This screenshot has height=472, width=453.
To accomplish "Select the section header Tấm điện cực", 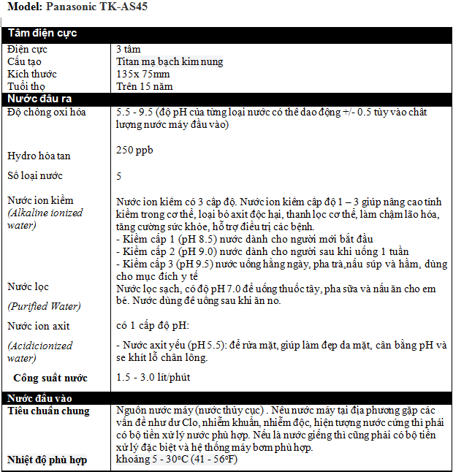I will coord(42,34).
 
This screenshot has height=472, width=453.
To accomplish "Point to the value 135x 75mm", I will coord(143,74).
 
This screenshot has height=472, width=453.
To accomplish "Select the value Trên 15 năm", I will coord(145,86).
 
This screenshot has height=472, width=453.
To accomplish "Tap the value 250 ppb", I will coord(135,150).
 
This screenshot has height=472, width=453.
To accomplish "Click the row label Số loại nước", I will coord(35,175).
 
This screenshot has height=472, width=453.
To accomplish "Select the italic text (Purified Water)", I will coord(43,306).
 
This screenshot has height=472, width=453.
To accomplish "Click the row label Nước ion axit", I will coord(39,326).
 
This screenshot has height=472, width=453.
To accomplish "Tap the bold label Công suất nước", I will coord(50,378).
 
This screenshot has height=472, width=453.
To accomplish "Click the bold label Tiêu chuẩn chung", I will coord(48,411).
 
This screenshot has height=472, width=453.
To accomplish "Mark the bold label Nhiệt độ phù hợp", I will coord(47,460).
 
